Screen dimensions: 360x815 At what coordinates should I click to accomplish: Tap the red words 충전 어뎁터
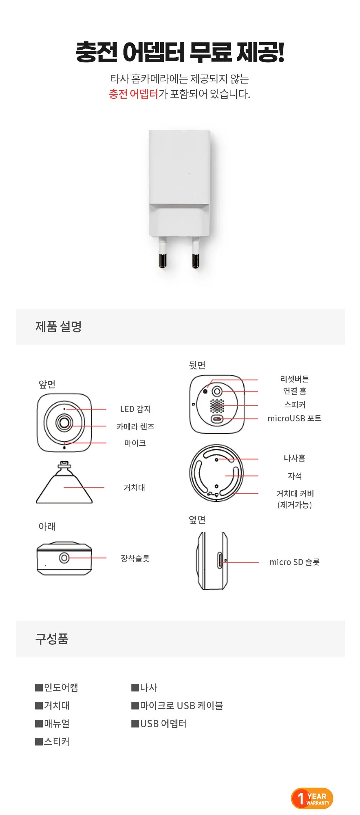pyautogui.click(x=134, y=94)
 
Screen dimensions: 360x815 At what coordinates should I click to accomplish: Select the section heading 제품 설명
pyautogui.click(x=58, y=326)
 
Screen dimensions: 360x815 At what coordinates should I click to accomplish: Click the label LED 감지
pyautogui.click(x=135, y=409)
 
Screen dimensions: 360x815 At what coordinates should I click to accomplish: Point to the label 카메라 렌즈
pyautogui.click(x=135, y=426)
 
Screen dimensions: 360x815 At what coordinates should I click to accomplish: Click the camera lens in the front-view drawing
pyautogui.click(x=64, y=422)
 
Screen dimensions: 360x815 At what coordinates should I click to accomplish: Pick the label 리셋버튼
pyautogui.click(x=294, y=379)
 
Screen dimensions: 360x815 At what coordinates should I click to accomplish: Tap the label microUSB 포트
pyautogui.click(x=294, y=418)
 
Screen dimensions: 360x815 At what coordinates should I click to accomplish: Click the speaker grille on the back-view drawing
pyautogui.click(x=217, y=406)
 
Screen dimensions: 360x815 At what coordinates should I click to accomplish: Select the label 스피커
pyautogui.click(x=294, y=404)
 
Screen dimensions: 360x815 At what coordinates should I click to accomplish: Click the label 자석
pyautogui.click(x=294, y=476)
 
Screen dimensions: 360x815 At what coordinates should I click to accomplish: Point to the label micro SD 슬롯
pyautogui.click(x=294, y=562)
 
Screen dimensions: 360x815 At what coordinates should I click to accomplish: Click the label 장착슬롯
pyautogui.click(x=135, y=558)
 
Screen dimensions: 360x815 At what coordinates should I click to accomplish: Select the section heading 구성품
pyautogui.click(x=51, y=639)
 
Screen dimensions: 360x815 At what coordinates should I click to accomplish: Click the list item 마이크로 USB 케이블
pyautogui.click(x=177, y=706)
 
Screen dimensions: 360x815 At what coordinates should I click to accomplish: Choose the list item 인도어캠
pyautogui.click(x=57, y=688)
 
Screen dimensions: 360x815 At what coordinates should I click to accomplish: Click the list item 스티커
pyautogui.click(x=53, y=742)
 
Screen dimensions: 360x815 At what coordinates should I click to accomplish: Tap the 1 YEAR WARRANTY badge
pyautogui.click(x=312, y=798)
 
